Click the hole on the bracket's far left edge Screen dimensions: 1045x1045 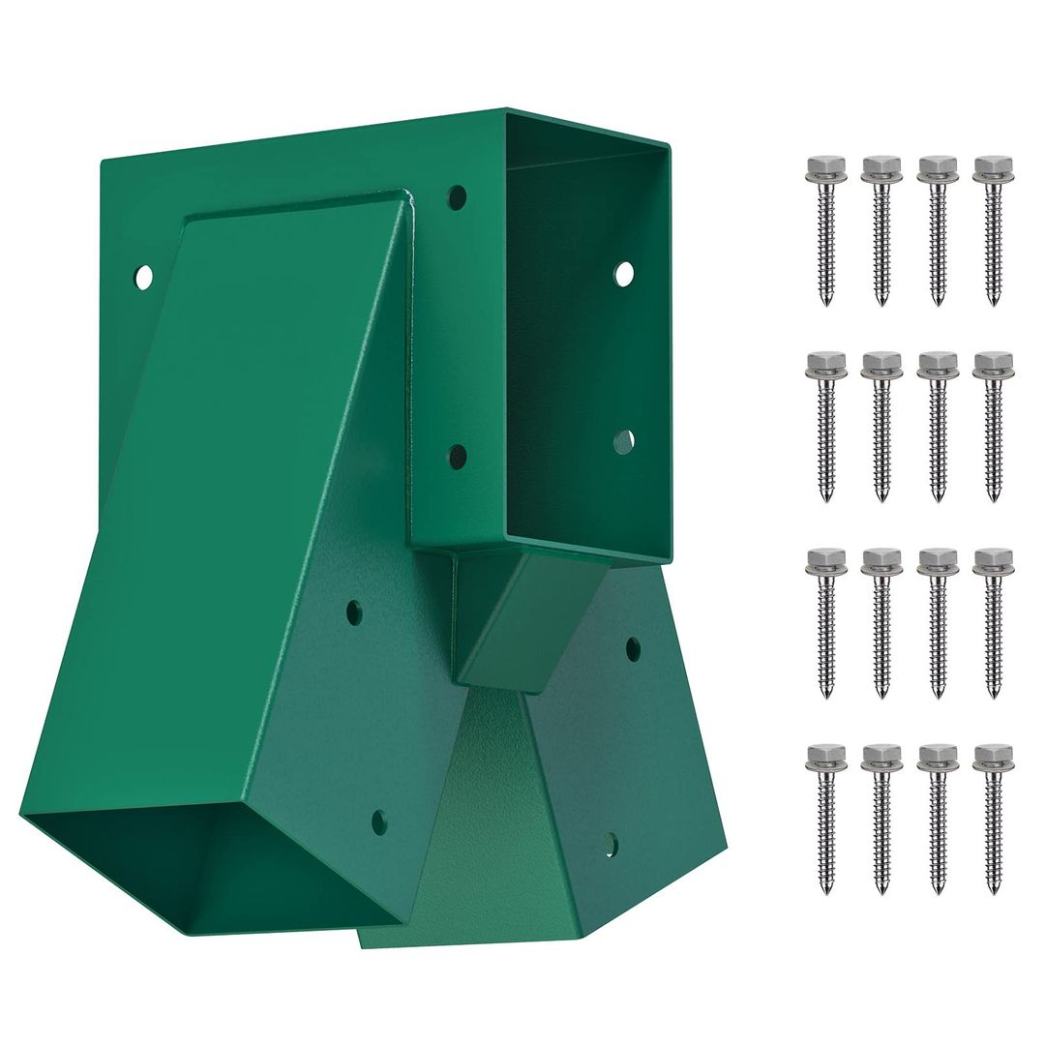click(x=143, y=278)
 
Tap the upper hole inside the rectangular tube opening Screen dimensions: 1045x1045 click(x=624, y=273)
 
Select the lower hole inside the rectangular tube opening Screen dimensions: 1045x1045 click(x=623, y=442)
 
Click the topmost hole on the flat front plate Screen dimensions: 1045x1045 click(x=458, y=197)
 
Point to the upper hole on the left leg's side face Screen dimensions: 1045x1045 click(x=354, y=612)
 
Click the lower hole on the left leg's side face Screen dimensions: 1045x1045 click(x=379, y=822)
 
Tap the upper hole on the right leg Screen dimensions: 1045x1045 click(x=633, y=648)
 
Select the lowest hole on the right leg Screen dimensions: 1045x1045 click(x=610, y=844)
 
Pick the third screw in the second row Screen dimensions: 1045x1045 click(x=937, y=426)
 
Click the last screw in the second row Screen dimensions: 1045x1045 click(x=993, y=426)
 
